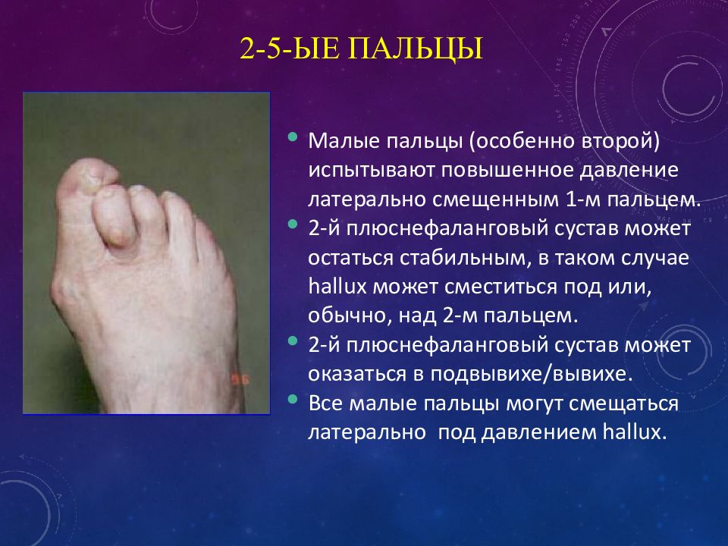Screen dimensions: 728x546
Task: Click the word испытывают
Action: (371, 171)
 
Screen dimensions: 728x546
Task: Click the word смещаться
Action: (623, 403)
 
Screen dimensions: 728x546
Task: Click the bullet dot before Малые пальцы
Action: (293, 137)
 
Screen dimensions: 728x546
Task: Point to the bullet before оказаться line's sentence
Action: (293, 341)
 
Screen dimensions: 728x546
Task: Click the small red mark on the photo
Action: (240, 379)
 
